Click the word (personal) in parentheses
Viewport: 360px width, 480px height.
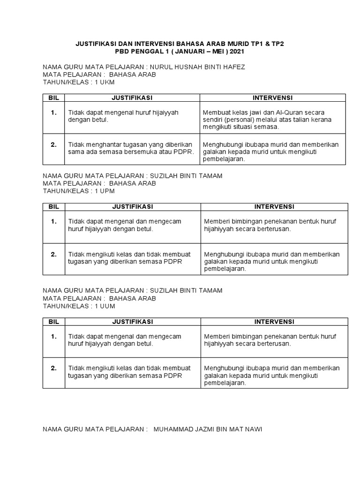241,120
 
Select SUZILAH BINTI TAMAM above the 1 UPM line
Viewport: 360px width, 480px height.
185,176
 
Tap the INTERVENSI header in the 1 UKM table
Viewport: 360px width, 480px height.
273,97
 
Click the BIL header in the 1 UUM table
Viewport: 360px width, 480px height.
52,322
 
